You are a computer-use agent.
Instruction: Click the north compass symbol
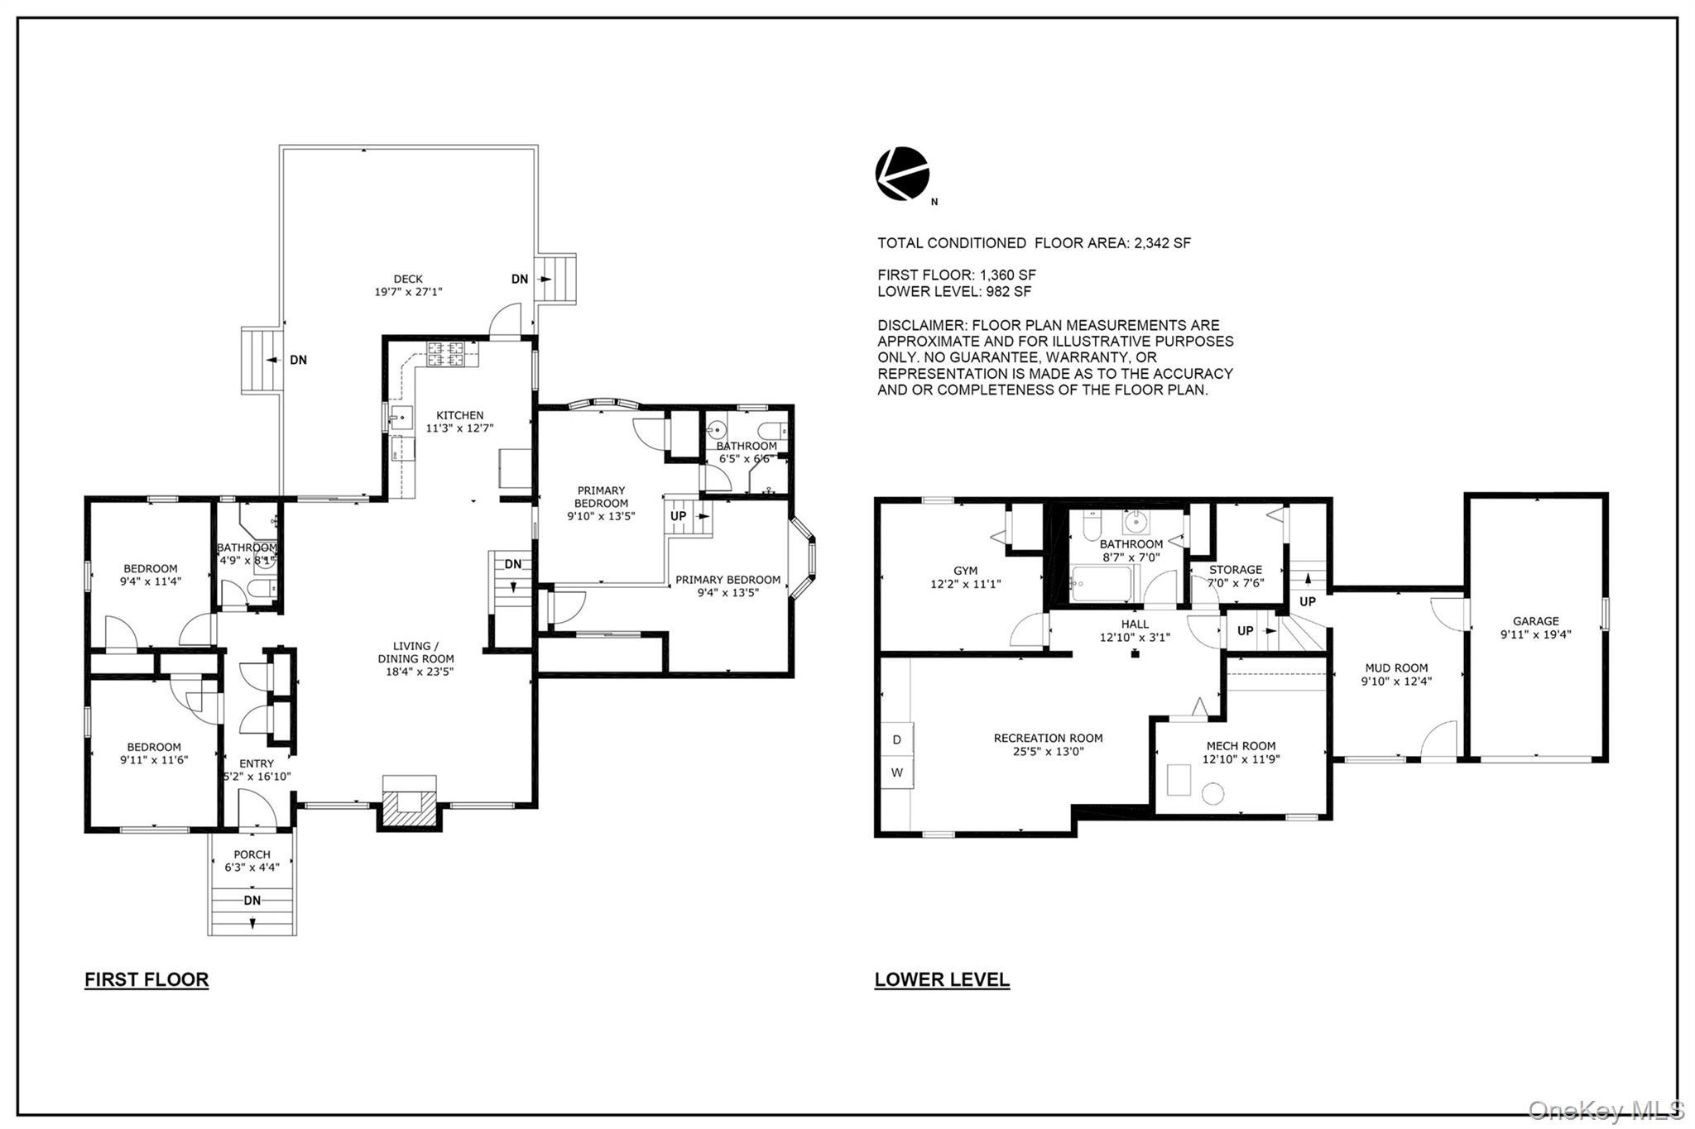(902, 174)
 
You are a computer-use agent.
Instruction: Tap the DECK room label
(408, 280)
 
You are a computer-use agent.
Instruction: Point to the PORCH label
(252, 854)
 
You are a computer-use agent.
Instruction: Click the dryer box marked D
(897, 739)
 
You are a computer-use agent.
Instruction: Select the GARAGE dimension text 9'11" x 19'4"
(1535, 634)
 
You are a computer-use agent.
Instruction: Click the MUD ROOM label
(1396, 668)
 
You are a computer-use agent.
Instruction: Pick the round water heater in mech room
(1212, 795)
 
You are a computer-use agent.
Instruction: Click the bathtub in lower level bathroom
(1100, 584)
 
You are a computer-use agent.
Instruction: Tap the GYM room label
(965, 571)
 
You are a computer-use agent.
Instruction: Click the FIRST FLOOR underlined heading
(146, 979)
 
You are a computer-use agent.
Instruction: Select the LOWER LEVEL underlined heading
(942, 979)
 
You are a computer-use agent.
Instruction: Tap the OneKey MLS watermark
(1606, 1109)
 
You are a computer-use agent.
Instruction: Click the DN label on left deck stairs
(298, 360)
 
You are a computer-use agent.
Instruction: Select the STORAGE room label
(1235, 570)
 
